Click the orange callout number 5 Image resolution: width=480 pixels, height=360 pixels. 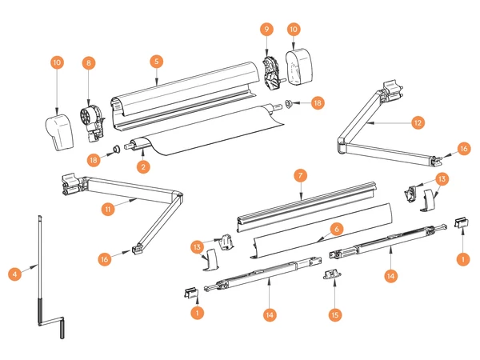157,61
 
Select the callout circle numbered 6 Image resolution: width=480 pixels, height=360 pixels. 337,228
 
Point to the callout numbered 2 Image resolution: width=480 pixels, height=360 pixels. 143,167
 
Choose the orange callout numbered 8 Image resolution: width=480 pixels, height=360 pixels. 88,62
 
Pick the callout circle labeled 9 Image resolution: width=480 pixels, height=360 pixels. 267,29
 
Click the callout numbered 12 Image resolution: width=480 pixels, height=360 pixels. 418,122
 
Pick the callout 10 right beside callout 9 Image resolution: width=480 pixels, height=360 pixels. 294,29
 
